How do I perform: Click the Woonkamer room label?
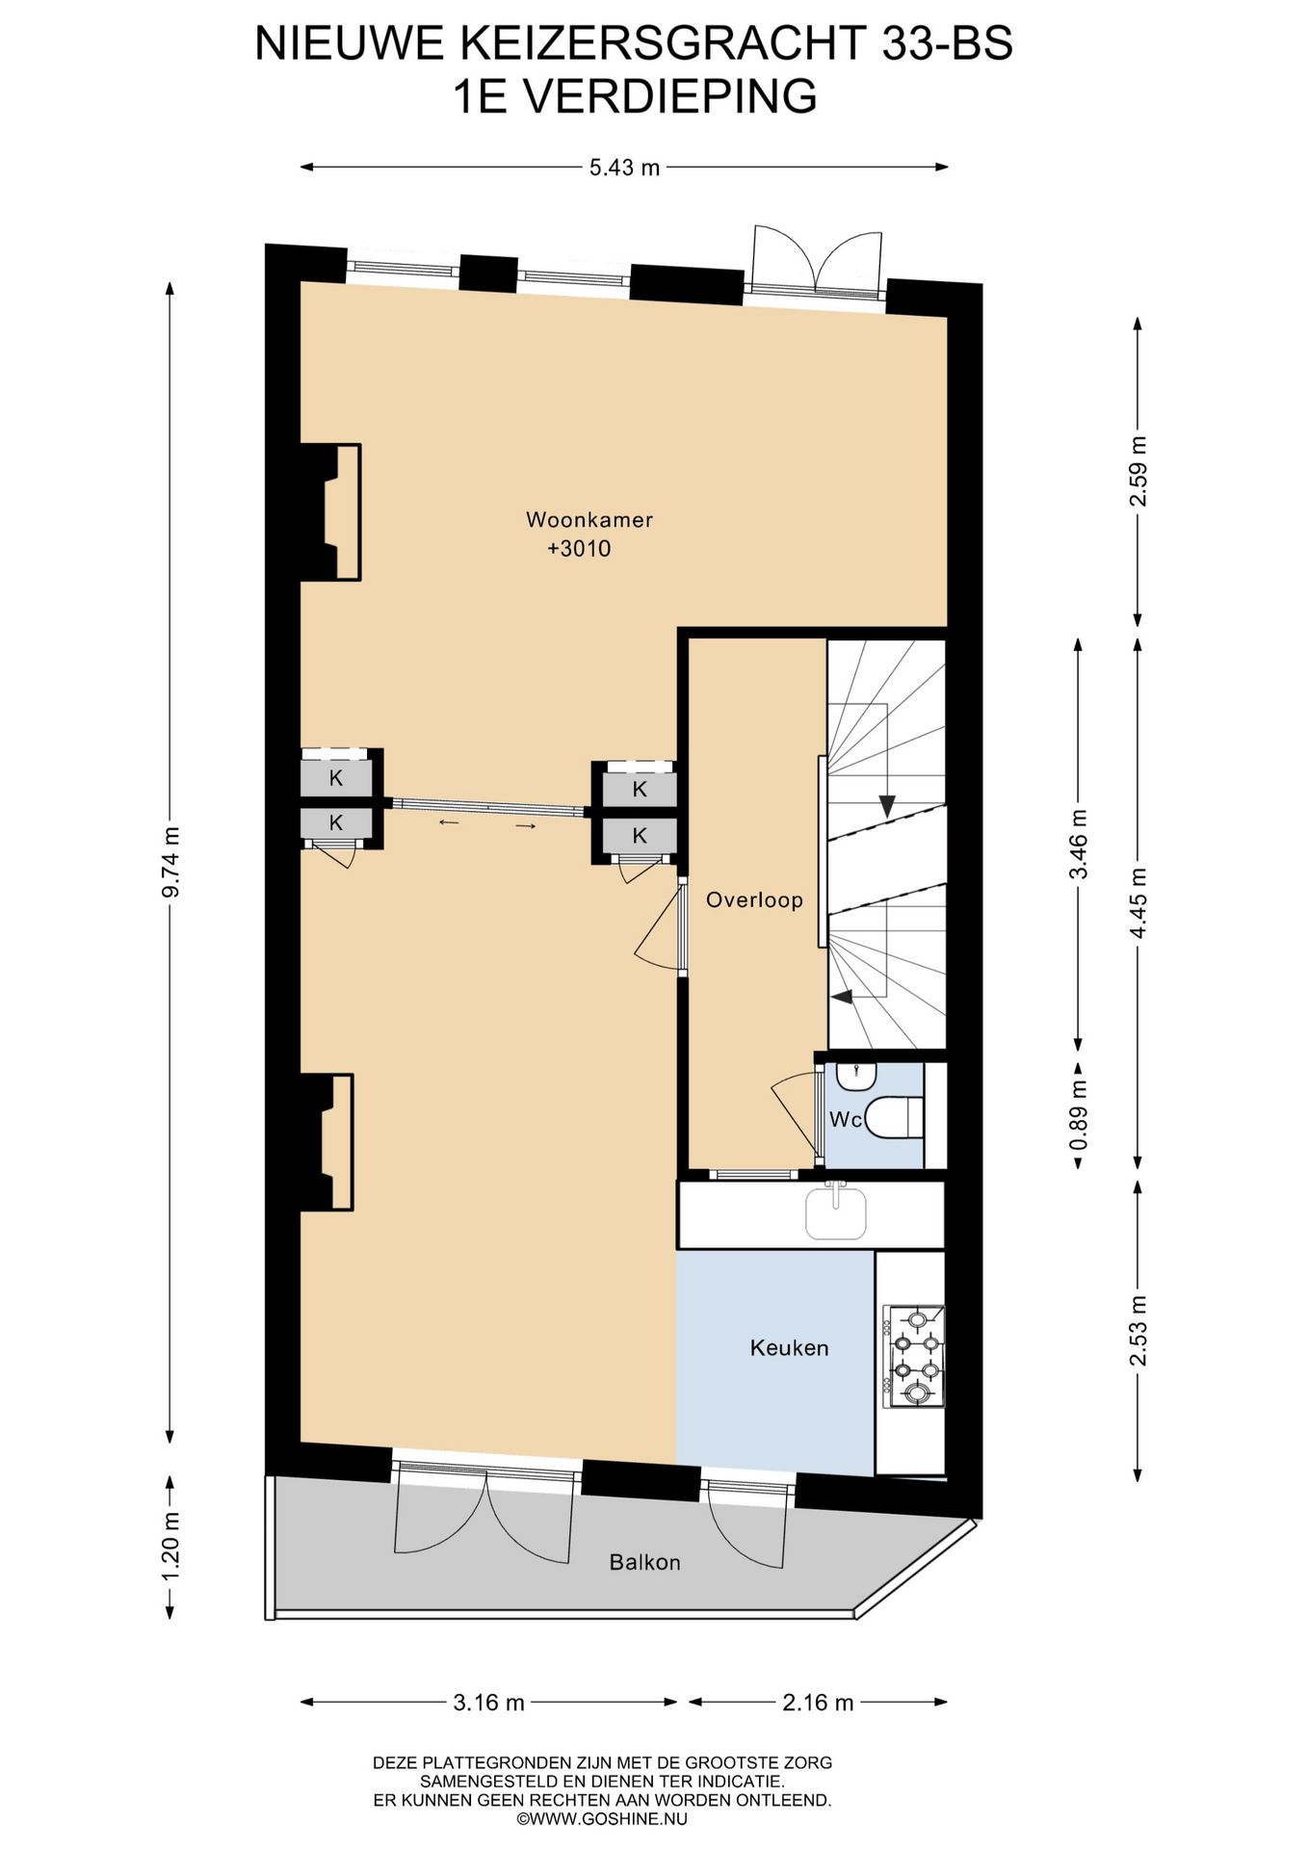[x=589, y=520]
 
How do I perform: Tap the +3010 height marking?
[x=579, y=549]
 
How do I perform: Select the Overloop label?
[x=754, y=899]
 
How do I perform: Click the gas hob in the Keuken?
[x=914, y=1356]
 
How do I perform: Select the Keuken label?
[x=789, y=1348]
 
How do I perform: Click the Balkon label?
[x=644, y=1562]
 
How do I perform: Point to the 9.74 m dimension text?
[x=170, y=862]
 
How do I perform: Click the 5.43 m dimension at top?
[x=624, y=168]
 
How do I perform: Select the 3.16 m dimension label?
[x=488, y=1703]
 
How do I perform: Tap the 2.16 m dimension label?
[x=818, y=1703]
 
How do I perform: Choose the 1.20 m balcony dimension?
[x=170, y=1546]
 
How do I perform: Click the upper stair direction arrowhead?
[x=886, y=806]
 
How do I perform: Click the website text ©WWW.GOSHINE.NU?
[x=602, y=1819]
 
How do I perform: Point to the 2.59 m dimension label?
[x=1138, y=471]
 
